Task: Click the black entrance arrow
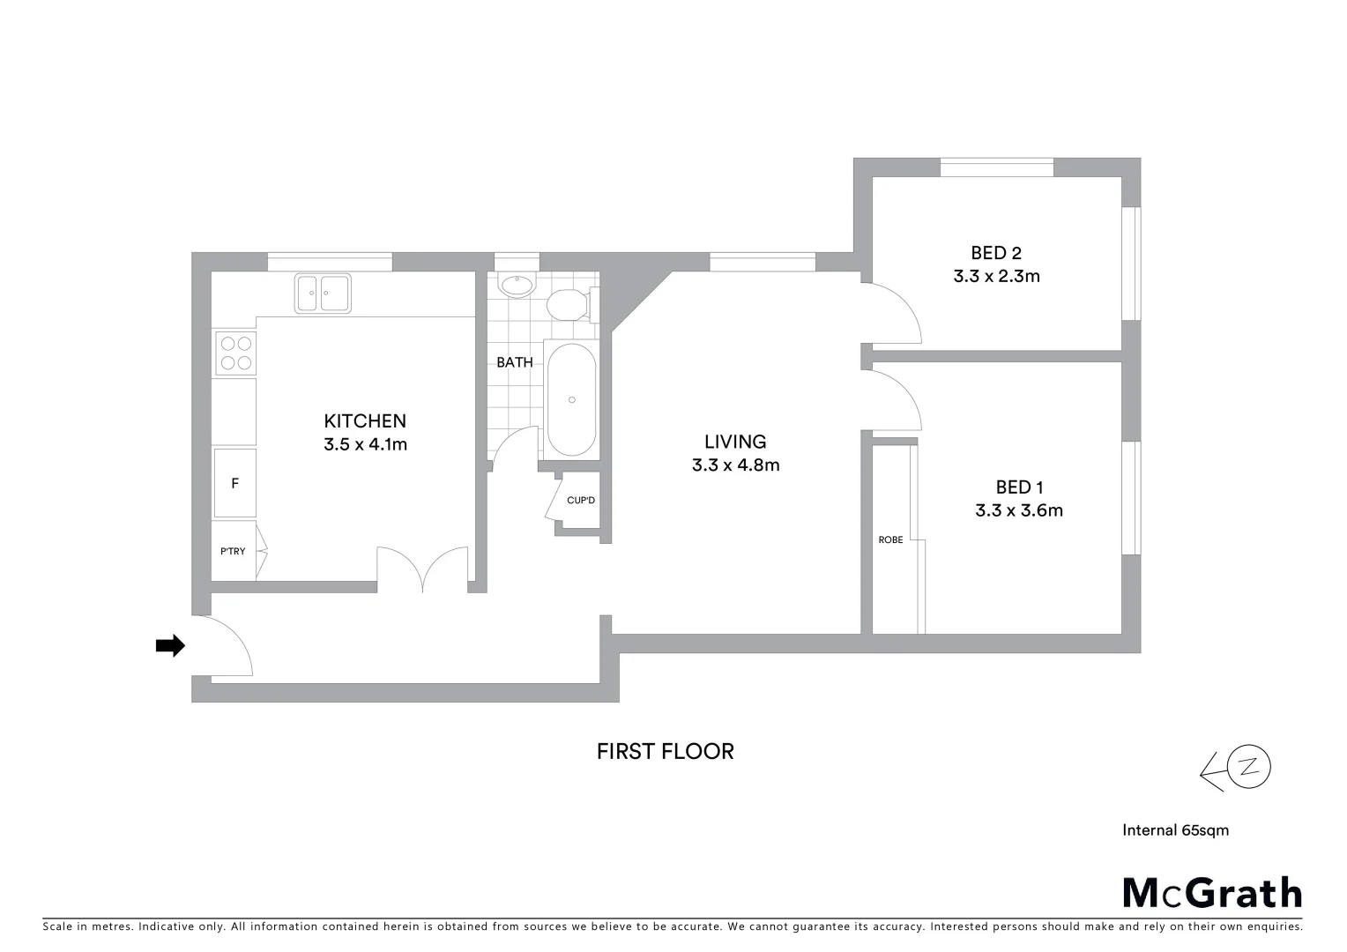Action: (x=170, y=646)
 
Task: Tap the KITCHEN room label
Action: (x=365, y=421)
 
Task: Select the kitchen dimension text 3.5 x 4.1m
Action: (x=365, y=444)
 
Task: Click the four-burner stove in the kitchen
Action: (x=235, y=353)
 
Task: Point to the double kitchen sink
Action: (x=323, y=293)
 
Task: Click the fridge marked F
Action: (x=234, y=483)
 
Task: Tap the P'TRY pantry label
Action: (x=233, y=551)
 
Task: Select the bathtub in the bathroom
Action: (x=571, y=399)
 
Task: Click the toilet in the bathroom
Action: (x=567, y=305)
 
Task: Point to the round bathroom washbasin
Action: (x=516, y=285)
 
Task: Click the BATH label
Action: (x=514, y=362)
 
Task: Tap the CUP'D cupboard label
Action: (x=581, y=501)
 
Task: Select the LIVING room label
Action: (x=735, y=442)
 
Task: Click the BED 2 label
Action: (x=996, y=253)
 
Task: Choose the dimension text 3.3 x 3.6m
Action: (x=1019, y=510)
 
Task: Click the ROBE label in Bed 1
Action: (x=890, y=539)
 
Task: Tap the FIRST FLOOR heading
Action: (x=665, y=751)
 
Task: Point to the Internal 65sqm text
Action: (x=1175, y=829)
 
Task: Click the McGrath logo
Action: (x=1212, y=893)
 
